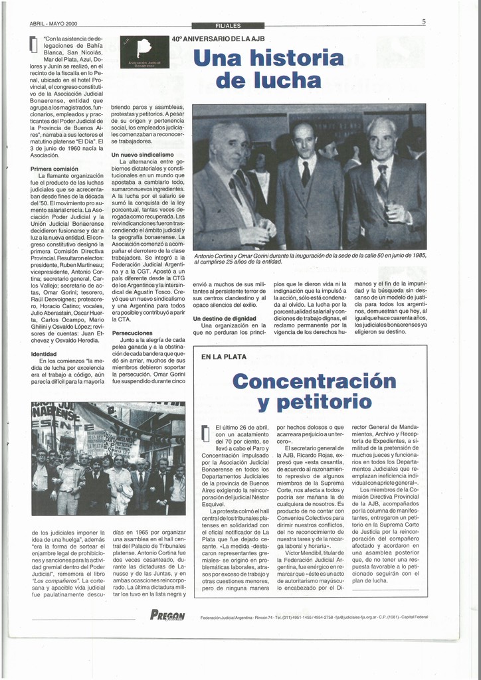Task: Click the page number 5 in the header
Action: click(423, 22)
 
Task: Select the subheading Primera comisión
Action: click(54, 169)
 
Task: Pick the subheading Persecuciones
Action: click(132, 333)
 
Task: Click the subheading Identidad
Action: click(44, 354)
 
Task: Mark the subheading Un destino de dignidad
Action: click(225, 319)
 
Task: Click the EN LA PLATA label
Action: click(224, 357)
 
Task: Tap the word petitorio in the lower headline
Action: click(314, 402)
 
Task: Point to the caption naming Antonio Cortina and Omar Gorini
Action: click(310, 258)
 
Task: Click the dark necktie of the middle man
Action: click(306, 173)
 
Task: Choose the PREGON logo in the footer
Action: click(167, 616)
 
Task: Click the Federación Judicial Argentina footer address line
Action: click(314, 617)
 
